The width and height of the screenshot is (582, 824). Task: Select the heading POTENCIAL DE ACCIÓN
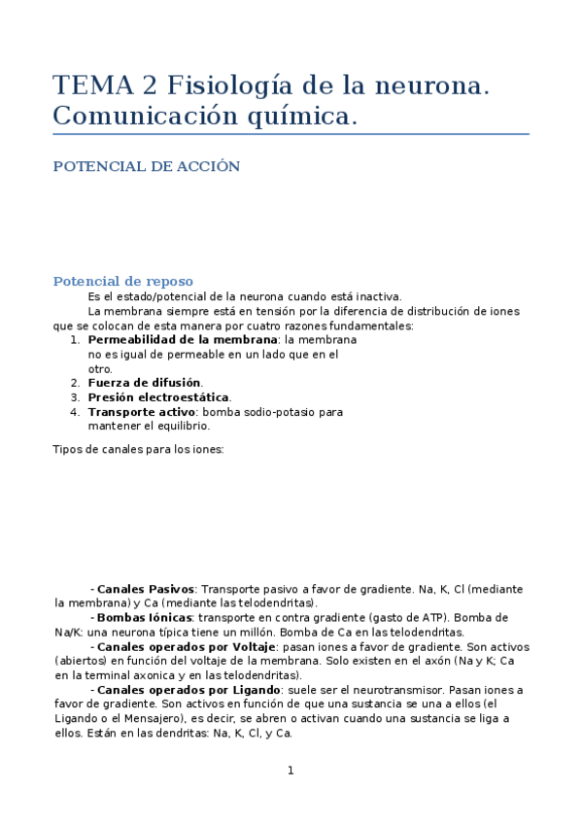point(146,166)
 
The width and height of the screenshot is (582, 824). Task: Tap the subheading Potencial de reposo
point(122,281)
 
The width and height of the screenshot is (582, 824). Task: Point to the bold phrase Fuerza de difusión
point(145,383)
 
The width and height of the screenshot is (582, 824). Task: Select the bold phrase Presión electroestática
point(159,397)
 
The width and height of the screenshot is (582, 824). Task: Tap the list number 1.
point(75,340)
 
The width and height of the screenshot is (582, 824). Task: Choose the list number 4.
point(75,412)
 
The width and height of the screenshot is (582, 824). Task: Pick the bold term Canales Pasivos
point(146,589)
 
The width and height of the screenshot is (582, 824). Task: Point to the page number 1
point(290,771)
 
